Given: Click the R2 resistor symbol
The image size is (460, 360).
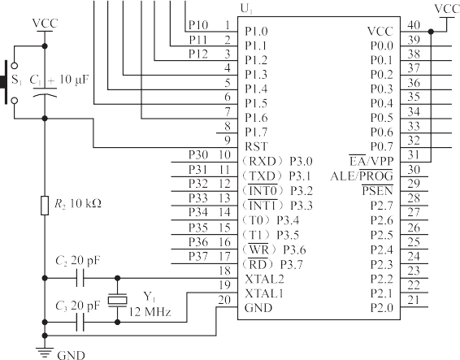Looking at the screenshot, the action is pyautogui.click(x=45, y=206).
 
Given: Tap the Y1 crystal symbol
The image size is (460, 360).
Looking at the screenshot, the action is pyautogui.click(x=117, y=300).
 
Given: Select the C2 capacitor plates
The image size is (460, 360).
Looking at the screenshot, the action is pyautogui.click(x=80, y=278).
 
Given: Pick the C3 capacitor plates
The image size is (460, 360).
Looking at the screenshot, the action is pyautogui.click(x=80, y=322).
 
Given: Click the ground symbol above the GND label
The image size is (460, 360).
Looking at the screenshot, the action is pyautogui.click(x=45, y=353).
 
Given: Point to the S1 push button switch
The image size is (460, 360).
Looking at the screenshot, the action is pyautogui.click(x=10, y=82).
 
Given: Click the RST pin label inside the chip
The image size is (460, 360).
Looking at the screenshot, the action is pyautogui.click(x=256, y=146).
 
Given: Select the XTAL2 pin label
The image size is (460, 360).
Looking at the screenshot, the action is pyautogui.click(x=264, y=279).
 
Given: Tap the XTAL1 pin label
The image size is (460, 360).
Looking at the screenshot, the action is pyautogui.click(x=264, y=293).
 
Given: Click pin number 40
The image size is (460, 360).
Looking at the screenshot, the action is pyautogui.click(x=414, y=25).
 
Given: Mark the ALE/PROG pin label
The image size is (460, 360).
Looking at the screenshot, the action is pyautogui.click(x=362, y=176).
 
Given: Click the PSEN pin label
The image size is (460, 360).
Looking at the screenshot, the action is pyautogui.click(x=377, y=191).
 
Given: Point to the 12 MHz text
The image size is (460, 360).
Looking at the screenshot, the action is pyautogui.click(x=150, y=311).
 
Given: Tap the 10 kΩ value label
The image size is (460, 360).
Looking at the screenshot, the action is pyautogui.click(x=85, y=203).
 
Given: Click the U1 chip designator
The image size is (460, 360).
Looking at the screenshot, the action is pyautogui.click(x=246, y=10).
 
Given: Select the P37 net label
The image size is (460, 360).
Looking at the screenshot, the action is pyautogui.click(x=198, y=257).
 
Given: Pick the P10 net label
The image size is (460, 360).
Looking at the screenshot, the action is pyautogui.click(x=198, y=25).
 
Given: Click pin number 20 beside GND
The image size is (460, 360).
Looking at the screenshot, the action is pyautogui.click(x=224, y=300).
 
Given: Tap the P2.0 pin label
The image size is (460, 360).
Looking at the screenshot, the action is pyautogui.click(x=381, y=308).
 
